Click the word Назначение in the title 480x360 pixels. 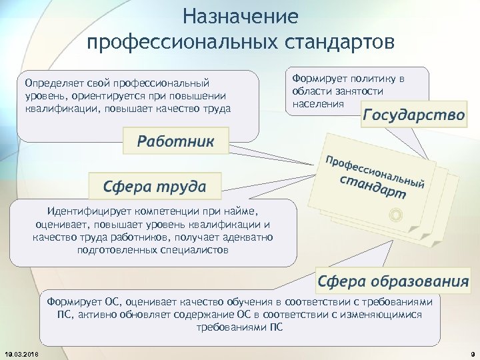click(241, 15)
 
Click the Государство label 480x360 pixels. click(413, 114)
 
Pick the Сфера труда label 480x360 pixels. click(154, 185)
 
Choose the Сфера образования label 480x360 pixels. click(393, 281)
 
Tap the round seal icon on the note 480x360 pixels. click(395, 215)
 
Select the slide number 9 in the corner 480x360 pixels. click(471, 353)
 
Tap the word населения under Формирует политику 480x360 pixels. click(318, 103)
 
